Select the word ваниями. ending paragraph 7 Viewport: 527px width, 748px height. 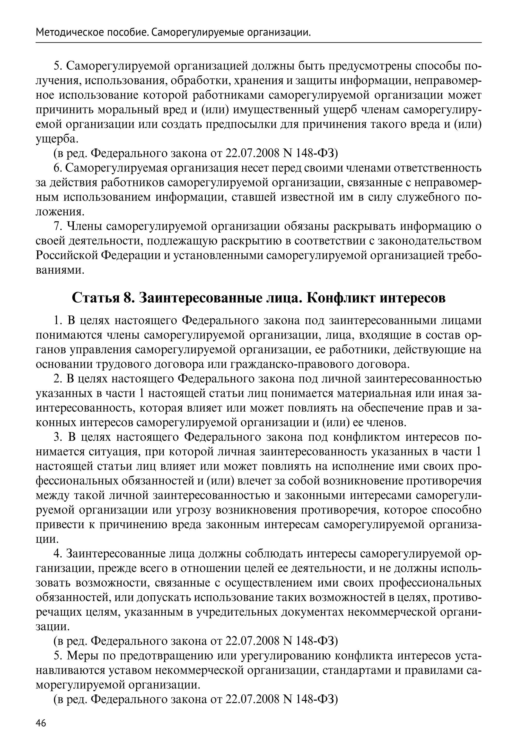pyautogui.click(x=60, y=270)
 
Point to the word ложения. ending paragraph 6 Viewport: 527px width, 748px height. pyautogui.click(x=60, y=212)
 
